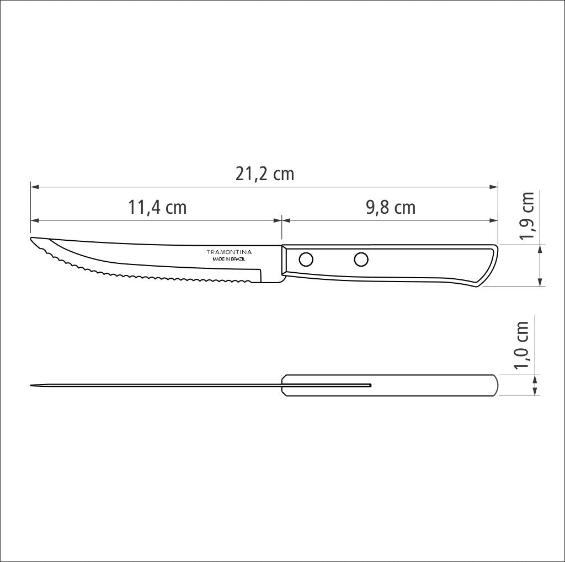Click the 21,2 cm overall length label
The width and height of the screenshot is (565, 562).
[x=265, y=174]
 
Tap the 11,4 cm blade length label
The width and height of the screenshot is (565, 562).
[x=158, y=208]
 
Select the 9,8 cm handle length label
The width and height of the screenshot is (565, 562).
[x=391, y=208]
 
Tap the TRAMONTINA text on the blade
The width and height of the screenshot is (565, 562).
[x=229, y=252]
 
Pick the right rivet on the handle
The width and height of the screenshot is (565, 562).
[x=361, y=258]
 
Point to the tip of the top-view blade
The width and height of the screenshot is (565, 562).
[x=31, y=385]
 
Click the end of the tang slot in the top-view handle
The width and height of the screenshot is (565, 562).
[x=370, y=385]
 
